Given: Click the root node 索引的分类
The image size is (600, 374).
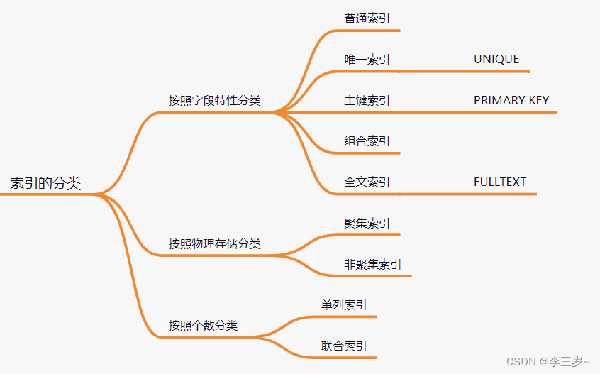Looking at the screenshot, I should [45, 184].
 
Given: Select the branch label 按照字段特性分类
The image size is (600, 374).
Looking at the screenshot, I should [214, 101].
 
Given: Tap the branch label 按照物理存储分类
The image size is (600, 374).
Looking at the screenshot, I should [214, 244].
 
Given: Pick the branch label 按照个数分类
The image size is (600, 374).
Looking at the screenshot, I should [203, 326].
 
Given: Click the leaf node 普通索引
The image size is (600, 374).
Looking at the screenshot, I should [367, 18].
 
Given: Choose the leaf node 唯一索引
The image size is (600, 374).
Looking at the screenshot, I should [367, 60].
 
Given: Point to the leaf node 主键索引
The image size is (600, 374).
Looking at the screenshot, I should [367, 101].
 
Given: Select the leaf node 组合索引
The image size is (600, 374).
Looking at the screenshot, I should [367, 141].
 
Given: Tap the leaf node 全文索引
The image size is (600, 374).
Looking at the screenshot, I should [367, 182].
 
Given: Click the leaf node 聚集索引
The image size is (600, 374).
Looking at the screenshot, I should [367, 224].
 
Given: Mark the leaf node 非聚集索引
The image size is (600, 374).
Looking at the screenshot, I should [372, 265].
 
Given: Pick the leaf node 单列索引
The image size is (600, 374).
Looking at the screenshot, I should [344, 305].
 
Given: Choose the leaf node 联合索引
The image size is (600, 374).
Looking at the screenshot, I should [344, 346].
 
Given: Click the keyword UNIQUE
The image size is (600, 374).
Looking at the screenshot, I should [496, 60].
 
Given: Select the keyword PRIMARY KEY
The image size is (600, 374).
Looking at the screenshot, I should [511, 101].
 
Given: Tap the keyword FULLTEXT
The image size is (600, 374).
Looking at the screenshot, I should [500, 182].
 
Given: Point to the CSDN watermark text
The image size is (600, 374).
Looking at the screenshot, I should [521, 362].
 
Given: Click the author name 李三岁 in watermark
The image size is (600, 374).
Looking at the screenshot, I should [565, 362].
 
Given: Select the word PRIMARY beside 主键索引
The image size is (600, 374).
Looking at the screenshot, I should [498, 101].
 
